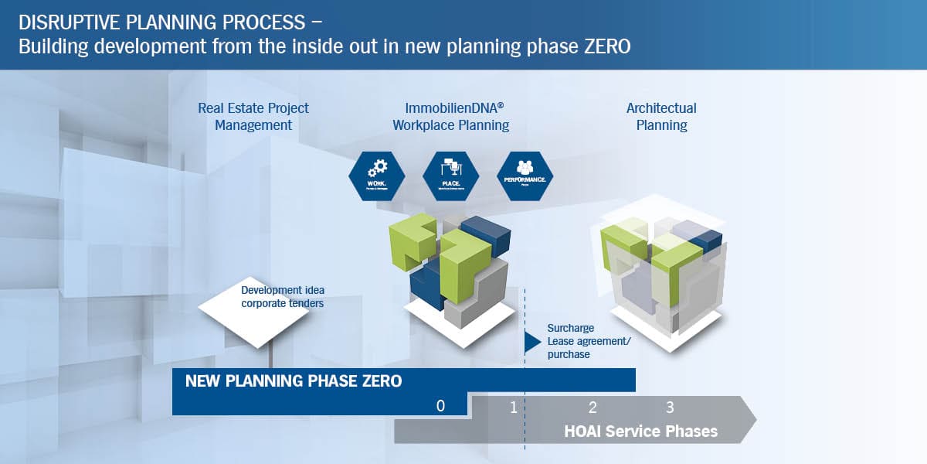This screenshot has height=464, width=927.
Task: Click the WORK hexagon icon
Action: coord(377,176)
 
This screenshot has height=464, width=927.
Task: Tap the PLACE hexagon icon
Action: coord(451,176)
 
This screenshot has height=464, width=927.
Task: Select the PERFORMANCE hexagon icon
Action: coord(525,176)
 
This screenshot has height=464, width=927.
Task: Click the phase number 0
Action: coord(440,405)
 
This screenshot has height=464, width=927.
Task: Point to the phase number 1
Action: coord(513,408)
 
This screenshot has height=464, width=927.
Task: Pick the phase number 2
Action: coord(593,408)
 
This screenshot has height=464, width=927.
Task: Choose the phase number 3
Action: coord(670,408)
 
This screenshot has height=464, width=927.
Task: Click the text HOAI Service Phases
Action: coord(641,431)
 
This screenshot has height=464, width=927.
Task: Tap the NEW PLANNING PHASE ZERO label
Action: coord(294,381)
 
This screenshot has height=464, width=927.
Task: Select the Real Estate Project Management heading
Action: coord(253,116)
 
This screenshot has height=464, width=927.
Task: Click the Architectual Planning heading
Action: coord(661,116)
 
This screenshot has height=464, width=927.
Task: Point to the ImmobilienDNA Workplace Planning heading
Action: coord(451,116)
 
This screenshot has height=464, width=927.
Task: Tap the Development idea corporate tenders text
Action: coord(282,297)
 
